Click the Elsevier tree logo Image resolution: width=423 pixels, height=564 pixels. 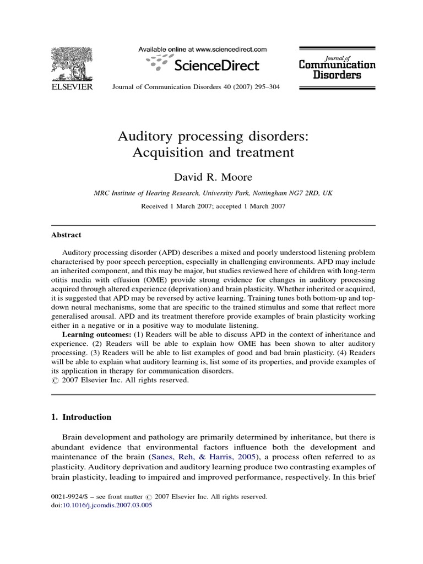[x=72, y=63]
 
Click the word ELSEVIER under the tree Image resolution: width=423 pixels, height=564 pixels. [x=72, y=87]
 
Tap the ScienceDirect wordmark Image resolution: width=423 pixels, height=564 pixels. [x=216, y=66]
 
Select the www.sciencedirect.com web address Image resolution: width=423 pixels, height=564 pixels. [x=227, y=49]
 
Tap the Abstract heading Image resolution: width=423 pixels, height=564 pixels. [x=66, y=235]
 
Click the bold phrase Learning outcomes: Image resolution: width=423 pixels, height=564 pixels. [x=96, y=334]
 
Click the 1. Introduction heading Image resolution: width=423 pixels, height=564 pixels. [x=81, y=417]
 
